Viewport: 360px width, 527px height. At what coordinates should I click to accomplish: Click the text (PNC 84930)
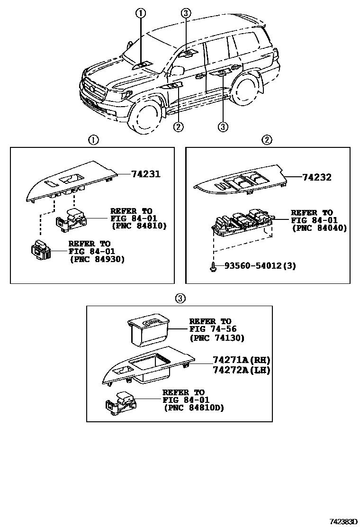coord(97,259)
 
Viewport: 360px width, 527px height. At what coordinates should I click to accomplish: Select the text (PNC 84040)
coord(319,228)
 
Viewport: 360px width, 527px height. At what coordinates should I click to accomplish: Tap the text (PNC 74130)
coord(216,338)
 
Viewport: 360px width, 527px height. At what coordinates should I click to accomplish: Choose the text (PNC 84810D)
coord(193,408)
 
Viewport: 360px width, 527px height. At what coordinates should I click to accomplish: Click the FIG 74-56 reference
coord(213,329)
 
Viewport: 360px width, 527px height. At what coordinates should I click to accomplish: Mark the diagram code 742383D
coord(342,521)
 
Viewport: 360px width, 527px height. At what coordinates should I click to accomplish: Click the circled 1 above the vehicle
coord(141,13)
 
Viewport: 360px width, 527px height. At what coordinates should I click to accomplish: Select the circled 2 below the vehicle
coord(178,127)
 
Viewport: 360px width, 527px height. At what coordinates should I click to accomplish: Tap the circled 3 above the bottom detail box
coord(180,298)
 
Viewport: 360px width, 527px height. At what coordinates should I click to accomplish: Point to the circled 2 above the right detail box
coord(268,140)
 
